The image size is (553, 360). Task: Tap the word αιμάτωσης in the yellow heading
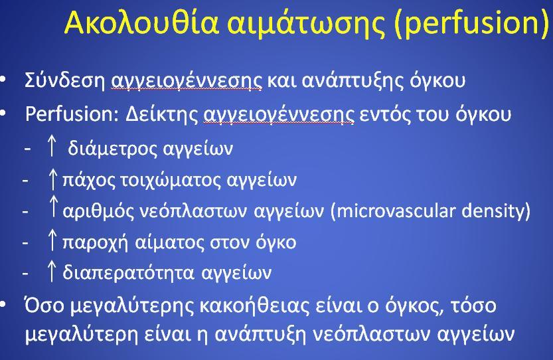[305, 23]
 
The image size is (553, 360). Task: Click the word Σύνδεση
[65, 80]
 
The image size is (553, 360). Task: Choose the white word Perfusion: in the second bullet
[72, 114]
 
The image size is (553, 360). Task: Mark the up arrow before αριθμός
[53, 207]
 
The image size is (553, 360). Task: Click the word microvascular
[394, 211]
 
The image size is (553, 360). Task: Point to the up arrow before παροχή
[52, 240]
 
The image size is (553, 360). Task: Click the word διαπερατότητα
[128, 273]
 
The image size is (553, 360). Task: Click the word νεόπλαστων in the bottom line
[371, 334]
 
